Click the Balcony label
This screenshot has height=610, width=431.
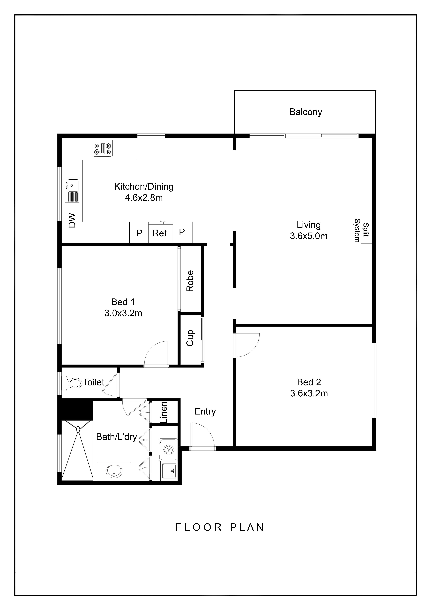click(x=306, y=112)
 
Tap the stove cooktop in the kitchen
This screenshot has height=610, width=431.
click(x=103, y=148)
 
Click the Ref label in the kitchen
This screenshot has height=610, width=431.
click(x=159, y=233)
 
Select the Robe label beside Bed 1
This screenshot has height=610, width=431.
click(x=190, y=281)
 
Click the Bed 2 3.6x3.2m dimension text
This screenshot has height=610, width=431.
click(x=309, y=393)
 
